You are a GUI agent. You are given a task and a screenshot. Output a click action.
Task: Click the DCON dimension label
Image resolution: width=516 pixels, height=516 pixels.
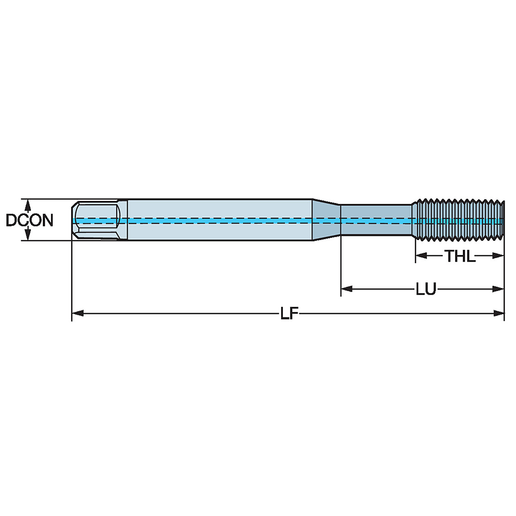(x=29, y=220)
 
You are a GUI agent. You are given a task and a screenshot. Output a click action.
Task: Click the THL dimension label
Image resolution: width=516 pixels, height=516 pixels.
(x=460, y=256)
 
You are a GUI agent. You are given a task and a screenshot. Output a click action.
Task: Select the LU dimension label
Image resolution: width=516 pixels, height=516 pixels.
(x=426, y=289)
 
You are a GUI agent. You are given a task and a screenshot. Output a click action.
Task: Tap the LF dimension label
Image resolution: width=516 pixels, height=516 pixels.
(x=290, y=313)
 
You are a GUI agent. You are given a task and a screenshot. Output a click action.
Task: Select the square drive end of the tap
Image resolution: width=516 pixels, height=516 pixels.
(x=95, y=220)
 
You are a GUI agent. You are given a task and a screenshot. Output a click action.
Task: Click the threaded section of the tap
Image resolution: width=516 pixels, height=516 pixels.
(x=458, y=220)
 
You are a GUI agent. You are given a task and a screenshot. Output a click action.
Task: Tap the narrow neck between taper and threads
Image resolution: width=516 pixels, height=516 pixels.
(x=377, y=220)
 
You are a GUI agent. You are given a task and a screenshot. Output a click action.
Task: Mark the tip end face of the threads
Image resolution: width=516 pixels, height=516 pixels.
(x=503, y=220)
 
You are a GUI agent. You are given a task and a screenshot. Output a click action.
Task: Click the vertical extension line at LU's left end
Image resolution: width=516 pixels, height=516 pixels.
(x=341, y=268)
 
